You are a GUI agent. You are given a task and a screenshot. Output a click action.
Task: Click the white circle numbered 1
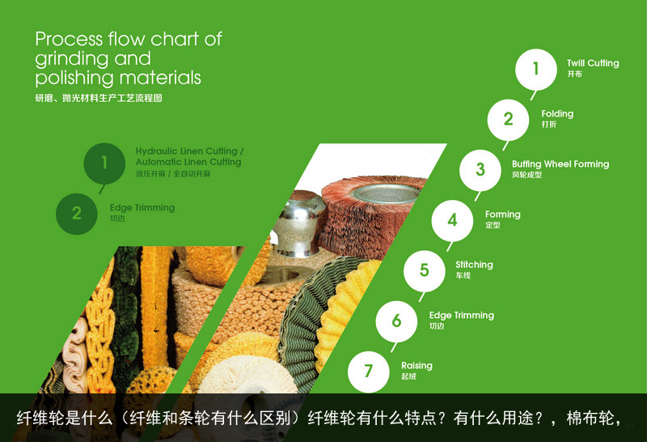(535, 70)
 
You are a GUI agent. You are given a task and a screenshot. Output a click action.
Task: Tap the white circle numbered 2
(508, 120)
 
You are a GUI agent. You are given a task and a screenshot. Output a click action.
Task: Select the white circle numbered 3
(480, 170)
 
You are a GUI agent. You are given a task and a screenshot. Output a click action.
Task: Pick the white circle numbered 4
(452, 220)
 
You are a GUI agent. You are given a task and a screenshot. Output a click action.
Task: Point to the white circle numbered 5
(424, 270)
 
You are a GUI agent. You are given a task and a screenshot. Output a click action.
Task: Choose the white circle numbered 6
(396, 321)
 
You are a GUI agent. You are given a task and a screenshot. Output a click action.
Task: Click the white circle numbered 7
(369, 372)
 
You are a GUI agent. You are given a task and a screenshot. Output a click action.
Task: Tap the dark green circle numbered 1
(104, 164)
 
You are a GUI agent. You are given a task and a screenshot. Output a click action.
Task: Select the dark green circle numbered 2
(77, 214)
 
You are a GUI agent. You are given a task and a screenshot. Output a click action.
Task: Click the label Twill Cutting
(592, 63)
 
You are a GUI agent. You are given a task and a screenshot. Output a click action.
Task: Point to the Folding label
(557, 114)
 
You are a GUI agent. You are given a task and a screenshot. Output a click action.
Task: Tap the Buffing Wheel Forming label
(560, 164)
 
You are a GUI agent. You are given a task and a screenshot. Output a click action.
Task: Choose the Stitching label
(474, 265)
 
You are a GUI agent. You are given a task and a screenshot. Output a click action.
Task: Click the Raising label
(417, 366)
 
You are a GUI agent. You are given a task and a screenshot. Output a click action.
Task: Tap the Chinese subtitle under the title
(99, 98)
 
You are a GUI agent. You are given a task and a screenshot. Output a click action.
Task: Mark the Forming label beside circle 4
(502, 215)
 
